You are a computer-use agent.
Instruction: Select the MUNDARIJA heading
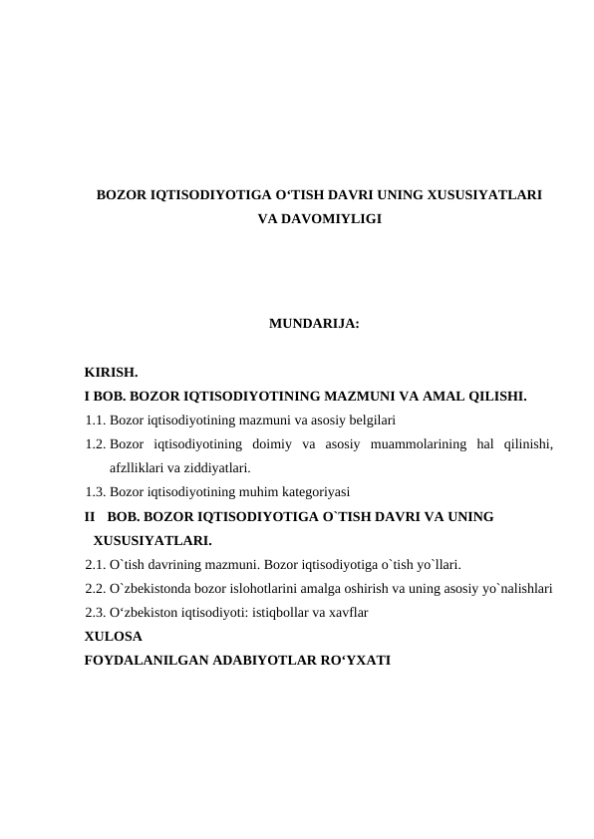(x=314, y=324)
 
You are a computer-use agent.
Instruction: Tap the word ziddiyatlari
(x=214, y=466)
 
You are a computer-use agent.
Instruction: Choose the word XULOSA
(x=113, y=635)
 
